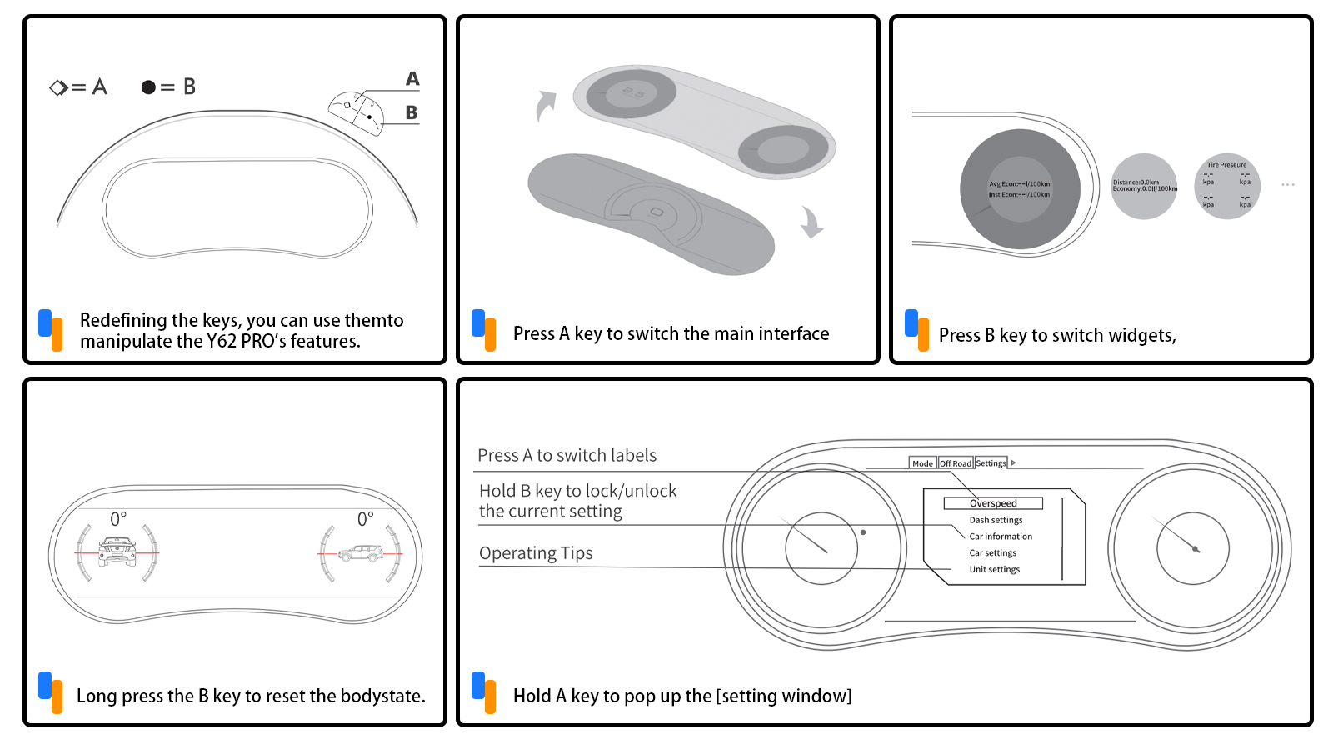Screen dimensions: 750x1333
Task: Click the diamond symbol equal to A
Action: point(58,87)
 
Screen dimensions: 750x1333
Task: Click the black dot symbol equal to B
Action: point(148,87)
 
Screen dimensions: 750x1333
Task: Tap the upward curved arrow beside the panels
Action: point(545,106)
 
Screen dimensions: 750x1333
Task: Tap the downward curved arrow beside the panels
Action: point(811,222)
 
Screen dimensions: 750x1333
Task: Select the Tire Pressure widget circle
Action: point(1226,186)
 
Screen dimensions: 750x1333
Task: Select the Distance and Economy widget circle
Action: point(1144,186)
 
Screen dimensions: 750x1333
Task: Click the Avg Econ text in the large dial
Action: point(1019,184)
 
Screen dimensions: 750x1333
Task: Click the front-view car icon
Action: point(117,552)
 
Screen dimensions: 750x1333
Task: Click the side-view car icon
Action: point(361,552)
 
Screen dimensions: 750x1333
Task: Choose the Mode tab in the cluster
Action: point(922,463)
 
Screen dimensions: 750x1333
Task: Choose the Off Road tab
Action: point(956,463)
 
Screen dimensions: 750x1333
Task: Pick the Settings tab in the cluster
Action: point(991,463)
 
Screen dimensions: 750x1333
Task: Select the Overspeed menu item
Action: point(993,503)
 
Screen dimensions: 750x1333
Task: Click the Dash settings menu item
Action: point(996,520)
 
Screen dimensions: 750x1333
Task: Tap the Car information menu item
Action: point(1001,537)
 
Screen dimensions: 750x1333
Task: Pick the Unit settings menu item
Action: point(994,570)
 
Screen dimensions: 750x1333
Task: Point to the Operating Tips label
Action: point(536,553)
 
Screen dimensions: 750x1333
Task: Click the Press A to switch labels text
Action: point(567,455)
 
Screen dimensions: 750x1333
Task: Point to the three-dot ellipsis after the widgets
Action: point(1287,184)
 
